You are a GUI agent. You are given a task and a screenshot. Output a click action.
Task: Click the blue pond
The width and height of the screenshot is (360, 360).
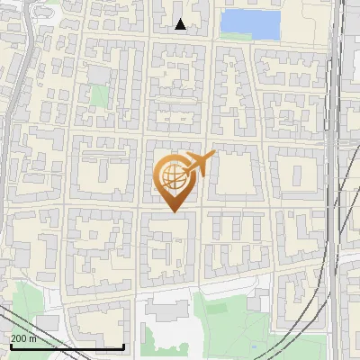(250, 24)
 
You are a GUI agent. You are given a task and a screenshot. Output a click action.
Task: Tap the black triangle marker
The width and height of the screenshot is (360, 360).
(181, 24)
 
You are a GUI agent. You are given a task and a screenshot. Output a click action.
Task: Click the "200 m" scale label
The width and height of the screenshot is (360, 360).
(24, 338)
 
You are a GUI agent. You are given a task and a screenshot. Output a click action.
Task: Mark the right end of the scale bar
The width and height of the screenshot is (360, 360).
(123, 346)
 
